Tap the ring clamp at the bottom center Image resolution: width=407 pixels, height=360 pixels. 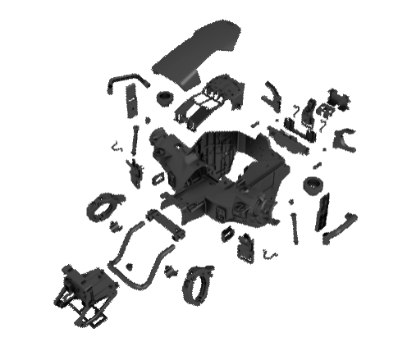(x=198, y=282)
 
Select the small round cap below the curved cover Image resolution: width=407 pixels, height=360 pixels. (x=164, y=98)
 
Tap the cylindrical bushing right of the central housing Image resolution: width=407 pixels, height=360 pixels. (x=312, y=184)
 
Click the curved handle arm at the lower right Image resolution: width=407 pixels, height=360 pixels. (x=339, y=227)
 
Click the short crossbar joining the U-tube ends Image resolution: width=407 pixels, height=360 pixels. (x=161, y=220)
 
